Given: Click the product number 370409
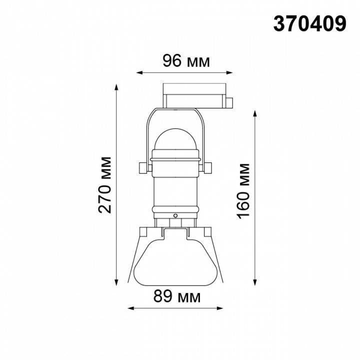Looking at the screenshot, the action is click(x=309, y=24).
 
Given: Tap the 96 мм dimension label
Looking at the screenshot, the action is click(x=186, y=61).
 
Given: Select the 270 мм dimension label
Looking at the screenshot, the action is click(x=104, y=185).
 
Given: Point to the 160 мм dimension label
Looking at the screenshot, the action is click(x=243, y=191).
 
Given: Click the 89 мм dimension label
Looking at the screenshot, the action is click(x=177, y=296).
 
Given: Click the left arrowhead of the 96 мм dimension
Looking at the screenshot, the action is click(x=139, y=73).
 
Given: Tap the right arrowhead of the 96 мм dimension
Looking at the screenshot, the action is click(x=229, y=73).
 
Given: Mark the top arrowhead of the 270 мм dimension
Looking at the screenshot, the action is click(x=116, y=87).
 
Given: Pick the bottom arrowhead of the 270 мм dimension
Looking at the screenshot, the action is click(x=116, y=282).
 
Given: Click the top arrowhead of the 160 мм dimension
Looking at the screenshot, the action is click(x=255, y=114).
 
